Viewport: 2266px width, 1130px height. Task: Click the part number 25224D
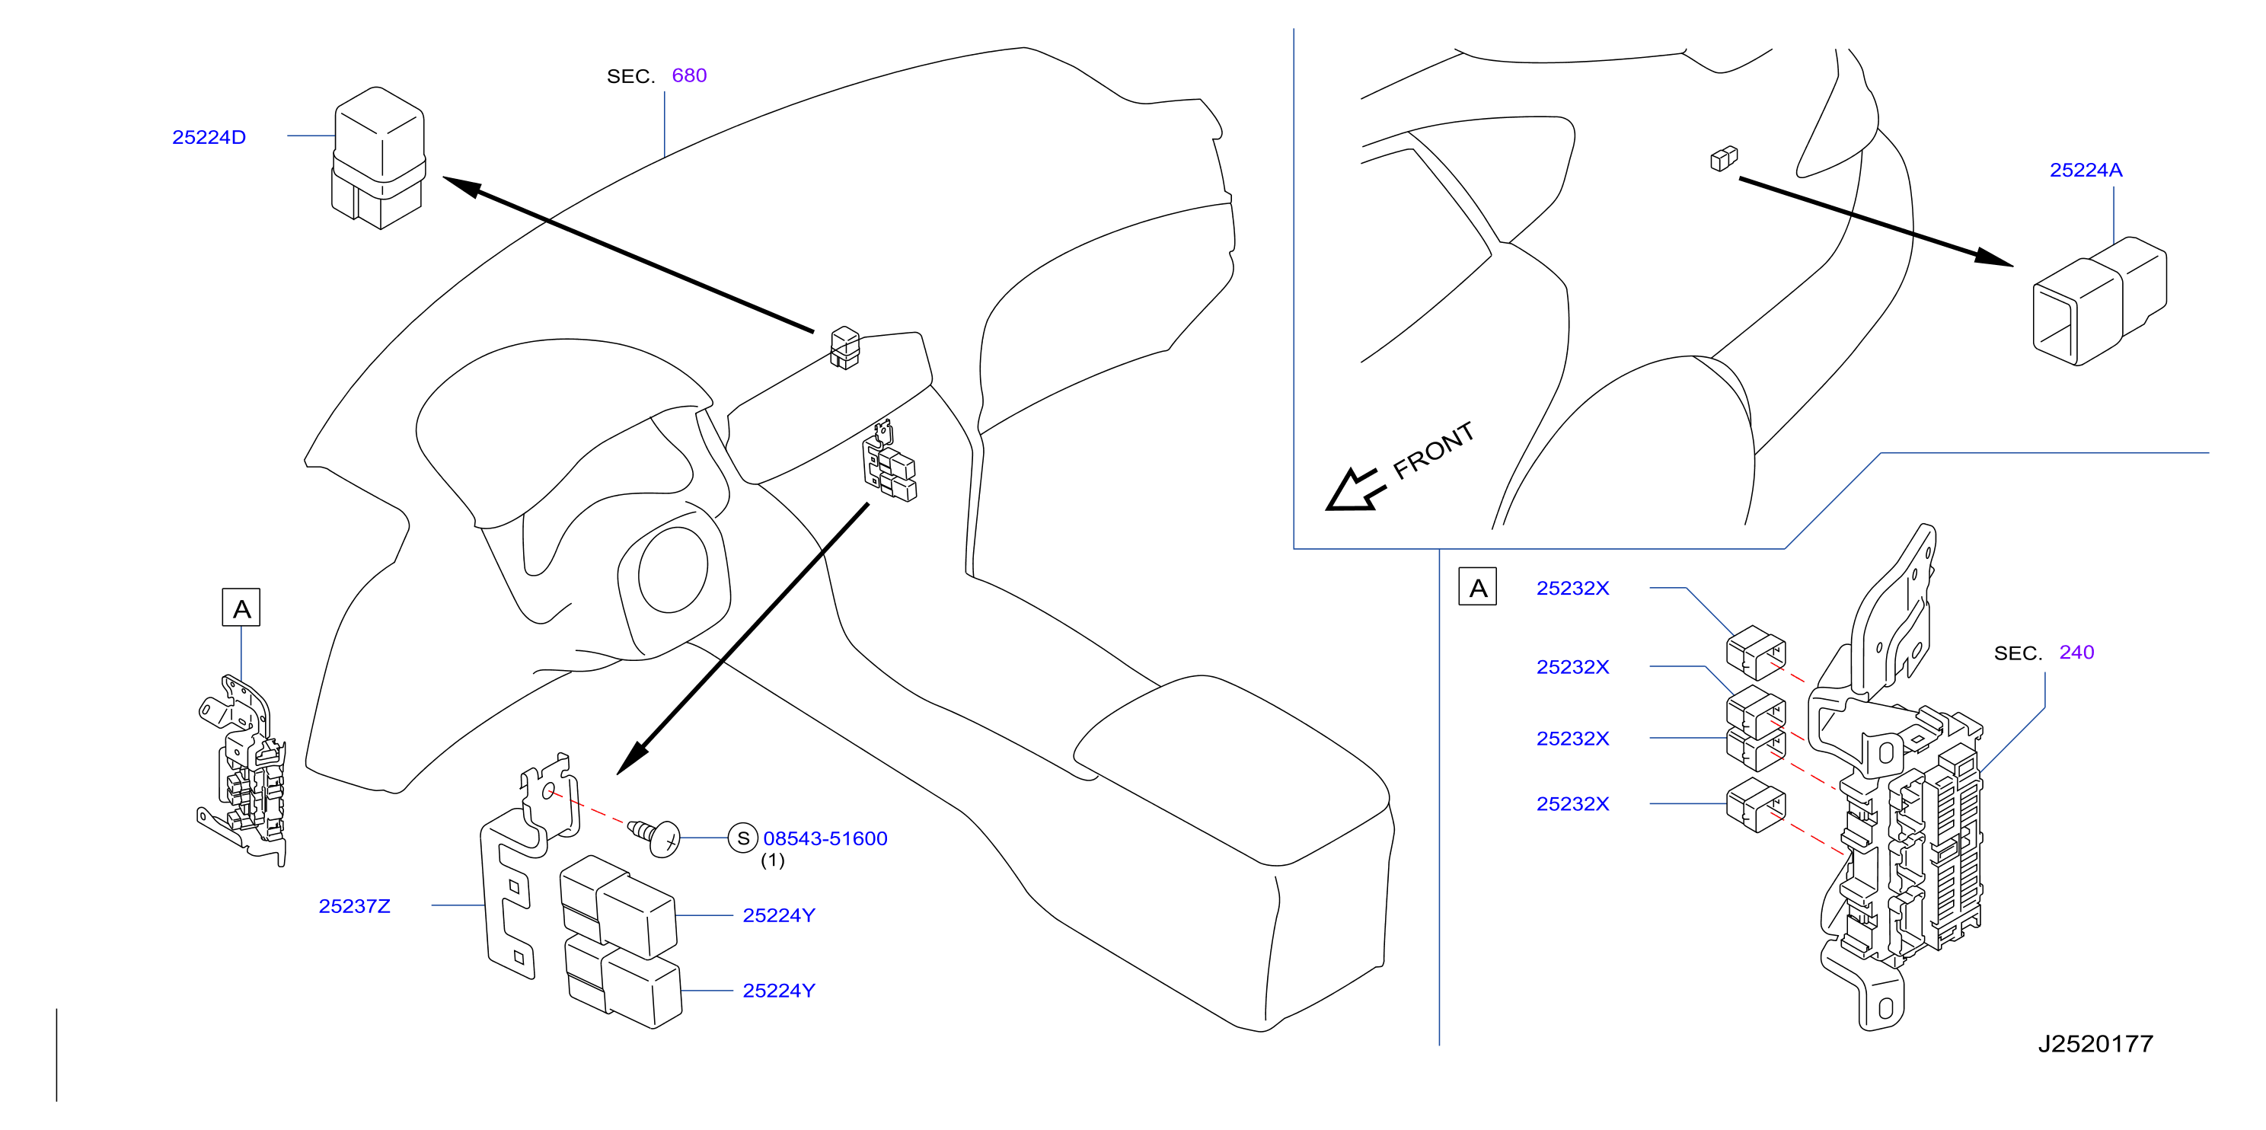(209, 137)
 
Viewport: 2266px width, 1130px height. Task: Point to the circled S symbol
(742, 838)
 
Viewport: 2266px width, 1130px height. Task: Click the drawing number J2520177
(2095, 1044)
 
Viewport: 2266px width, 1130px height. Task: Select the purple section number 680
(689, 75)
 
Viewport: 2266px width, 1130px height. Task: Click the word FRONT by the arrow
(1433, 450)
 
